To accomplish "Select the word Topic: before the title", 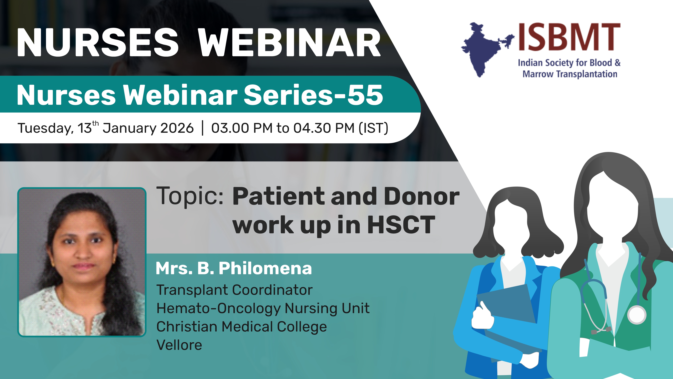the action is click(190, 196).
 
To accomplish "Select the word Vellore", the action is click(179, 345).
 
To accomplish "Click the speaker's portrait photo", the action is click(82, 262).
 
